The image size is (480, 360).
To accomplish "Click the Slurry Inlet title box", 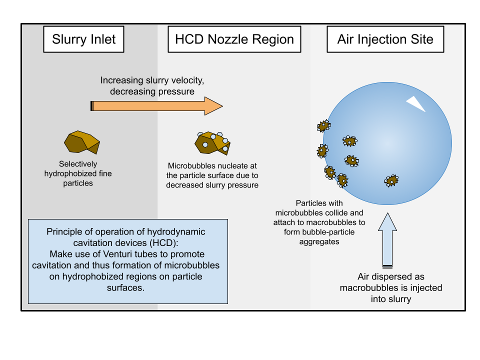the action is click(83, 39).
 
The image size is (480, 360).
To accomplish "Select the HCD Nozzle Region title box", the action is click(234, 39).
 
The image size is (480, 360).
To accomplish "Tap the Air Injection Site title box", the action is click(385, 39).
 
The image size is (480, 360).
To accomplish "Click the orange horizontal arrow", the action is click(156, 106).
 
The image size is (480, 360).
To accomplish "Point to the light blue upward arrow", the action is click(387, 240).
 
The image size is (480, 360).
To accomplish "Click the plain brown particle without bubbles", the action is click(82, 142).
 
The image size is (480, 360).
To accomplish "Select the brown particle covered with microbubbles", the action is click(212, 143).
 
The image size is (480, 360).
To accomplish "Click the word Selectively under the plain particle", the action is click(78, 164).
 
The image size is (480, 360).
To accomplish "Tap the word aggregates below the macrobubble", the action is click(319, 242).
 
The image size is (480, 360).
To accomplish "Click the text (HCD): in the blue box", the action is click(164, 243).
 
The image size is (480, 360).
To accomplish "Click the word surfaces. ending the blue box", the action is click(125, 288).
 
